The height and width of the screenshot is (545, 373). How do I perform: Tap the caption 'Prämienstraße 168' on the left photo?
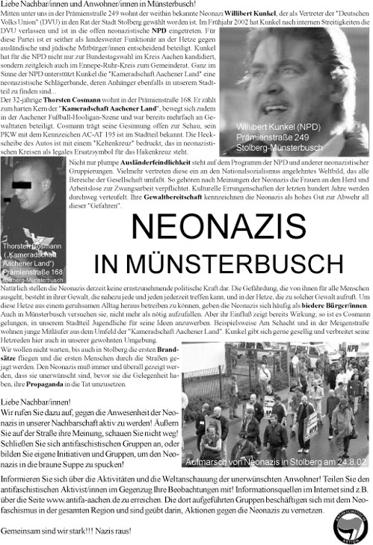(x=28, y=272)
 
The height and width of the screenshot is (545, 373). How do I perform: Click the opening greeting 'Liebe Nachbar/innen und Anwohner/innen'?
(x=75, y=5)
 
